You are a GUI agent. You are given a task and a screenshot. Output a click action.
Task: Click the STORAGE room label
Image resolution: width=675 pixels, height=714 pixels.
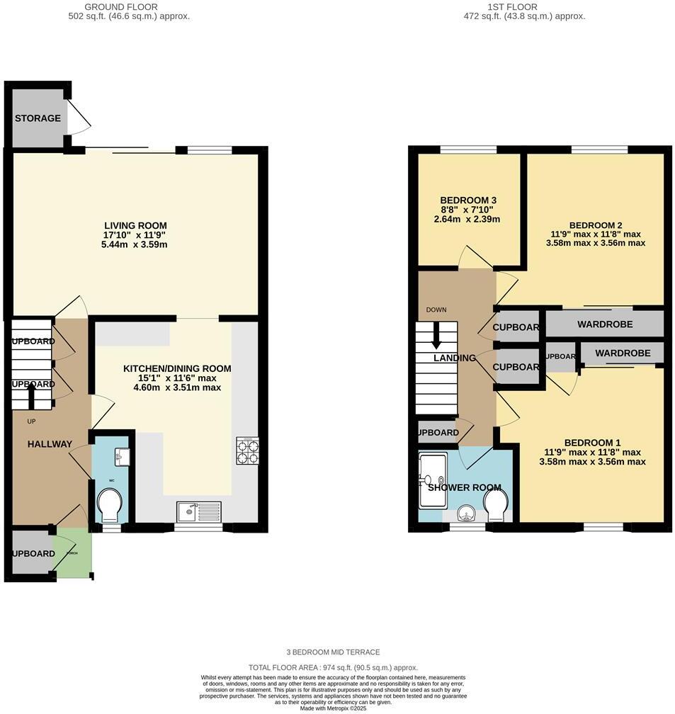pyautogui.click(x=38, y=118)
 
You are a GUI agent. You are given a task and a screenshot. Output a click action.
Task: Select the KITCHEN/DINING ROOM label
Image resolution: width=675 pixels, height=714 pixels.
pyautogui.click(x=177, y=368)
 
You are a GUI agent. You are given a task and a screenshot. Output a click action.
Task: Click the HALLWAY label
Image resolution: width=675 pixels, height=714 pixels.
pyautogui.click(x=50, y=444)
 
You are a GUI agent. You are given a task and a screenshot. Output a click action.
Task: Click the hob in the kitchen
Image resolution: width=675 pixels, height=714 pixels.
pyautogui.click(x=248, y=451)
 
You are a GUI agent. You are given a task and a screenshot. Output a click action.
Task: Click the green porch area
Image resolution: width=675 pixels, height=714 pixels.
pyautogui.click(x=74, y=553)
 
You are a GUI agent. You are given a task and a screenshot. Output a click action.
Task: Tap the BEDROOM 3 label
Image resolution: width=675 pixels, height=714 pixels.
pyautogui.click(x=468, y=200)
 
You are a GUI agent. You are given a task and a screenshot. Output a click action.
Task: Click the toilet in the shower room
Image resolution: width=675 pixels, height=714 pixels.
pyautogui.click(x=496, y=504)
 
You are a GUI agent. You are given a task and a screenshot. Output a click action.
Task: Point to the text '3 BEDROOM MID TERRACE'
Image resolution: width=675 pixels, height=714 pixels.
pyautogui.click(x=334, y=652)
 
